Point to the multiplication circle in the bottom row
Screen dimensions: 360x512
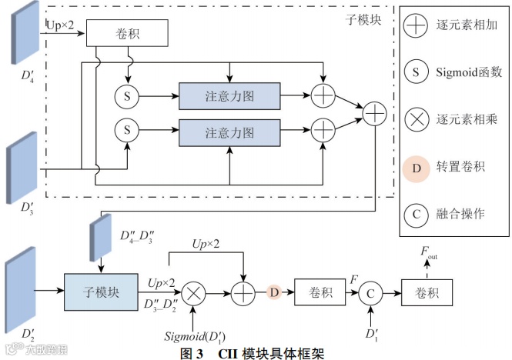pos(194,292)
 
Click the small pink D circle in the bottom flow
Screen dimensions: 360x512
pos(273,292)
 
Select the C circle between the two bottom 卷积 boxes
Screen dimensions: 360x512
pos(370,292)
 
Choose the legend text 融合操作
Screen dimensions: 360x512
pos(460,213)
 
